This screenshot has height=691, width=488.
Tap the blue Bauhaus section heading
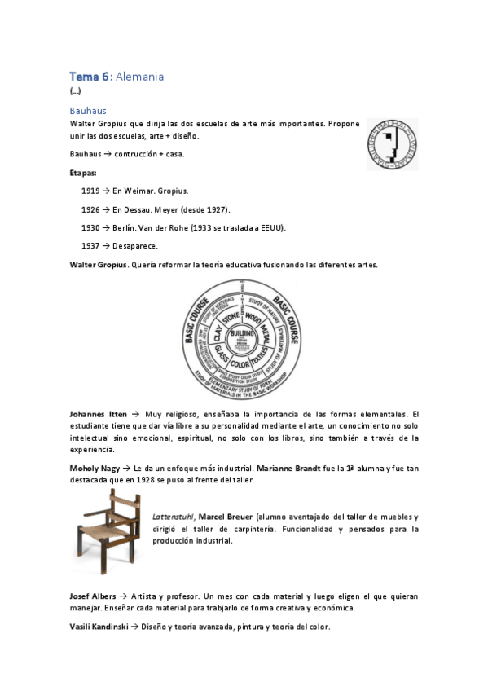point(88,109)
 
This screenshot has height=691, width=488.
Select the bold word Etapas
point(83,173)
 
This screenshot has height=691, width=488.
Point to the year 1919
point(90,191)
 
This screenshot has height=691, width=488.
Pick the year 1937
point(90,244)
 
